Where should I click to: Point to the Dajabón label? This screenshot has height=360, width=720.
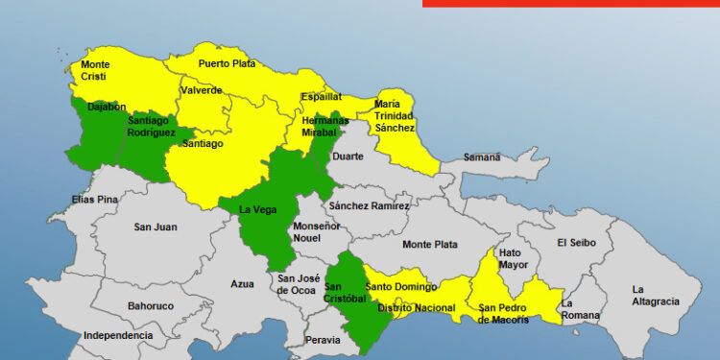tap(107, 108)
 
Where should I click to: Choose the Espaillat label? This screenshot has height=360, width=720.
tap(321, 97)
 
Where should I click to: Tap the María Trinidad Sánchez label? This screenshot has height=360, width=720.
tap(395, 115)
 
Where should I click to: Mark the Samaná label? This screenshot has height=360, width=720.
tap(482, 156)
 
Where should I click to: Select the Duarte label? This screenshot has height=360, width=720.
tap(347, 156)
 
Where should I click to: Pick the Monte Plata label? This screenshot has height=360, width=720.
tap(429, 244)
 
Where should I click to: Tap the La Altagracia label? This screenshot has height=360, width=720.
tap(654, 295)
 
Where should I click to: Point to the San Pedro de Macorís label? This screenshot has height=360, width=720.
tap(504, 313)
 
